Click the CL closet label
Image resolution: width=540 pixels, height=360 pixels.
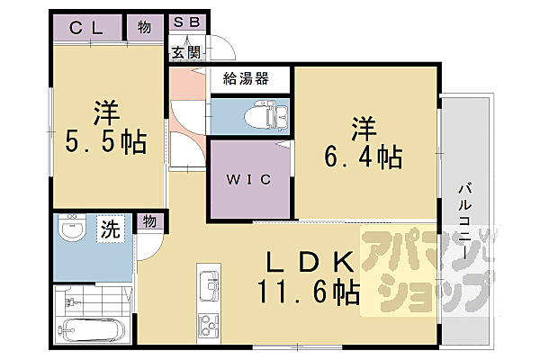click(88, 26)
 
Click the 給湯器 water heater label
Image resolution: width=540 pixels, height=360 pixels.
click(250, 78)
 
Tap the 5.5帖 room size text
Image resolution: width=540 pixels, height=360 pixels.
click(106, 143)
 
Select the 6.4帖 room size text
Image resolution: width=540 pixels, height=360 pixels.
click(362, 156)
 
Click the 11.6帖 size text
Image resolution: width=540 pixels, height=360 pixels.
click(309, 291)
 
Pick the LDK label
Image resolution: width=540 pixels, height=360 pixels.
click(308, 261)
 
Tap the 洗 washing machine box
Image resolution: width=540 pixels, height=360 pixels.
click(109, 229)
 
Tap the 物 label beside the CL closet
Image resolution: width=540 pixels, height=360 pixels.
click(144, 26)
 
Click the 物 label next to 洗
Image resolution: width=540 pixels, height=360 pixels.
click(148, 221)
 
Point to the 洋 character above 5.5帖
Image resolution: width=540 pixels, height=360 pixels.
click(106, 112)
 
